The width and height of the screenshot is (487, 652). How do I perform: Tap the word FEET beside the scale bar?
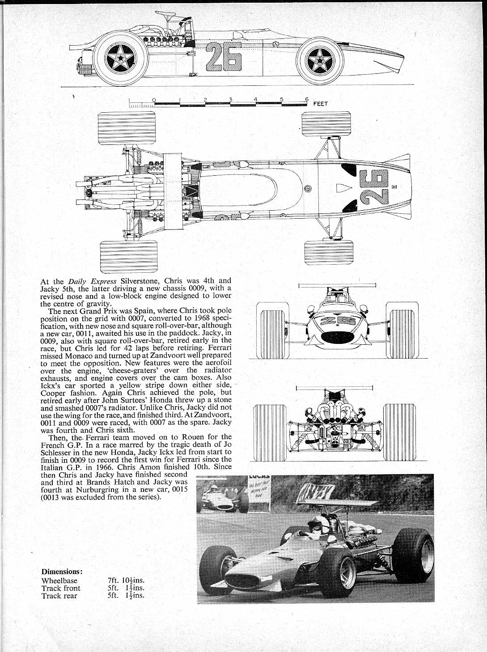(x=321, y=104)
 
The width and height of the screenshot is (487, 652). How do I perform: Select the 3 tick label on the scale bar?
(x=230, y=100)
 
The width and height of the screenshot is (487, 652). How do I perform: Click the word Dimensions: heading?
(x=62, y=572)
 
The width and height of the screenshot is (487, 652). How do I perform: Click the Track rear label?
(x=59, y=596)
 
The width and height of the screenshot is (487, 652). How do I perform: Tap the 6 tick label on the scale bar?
(x=307, y=100)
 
